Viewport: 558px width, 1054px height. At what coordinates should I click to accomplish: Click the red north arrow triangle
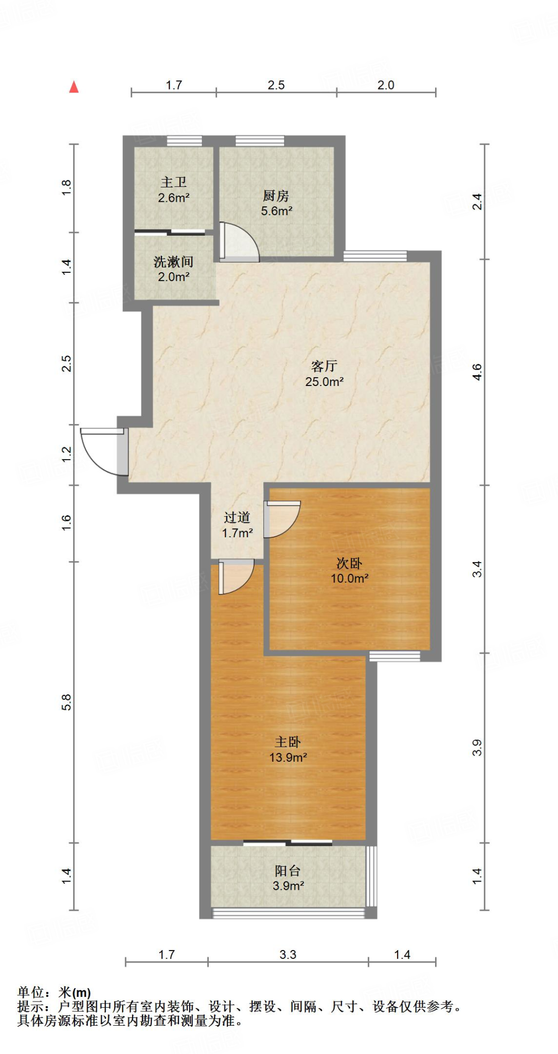[x=74, y=87]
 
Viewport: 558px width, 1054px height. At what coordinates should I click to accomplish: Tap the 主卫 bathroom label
[x=173, y=182]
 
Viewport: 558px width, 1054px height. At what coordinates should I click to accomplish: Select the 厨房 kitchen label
[x=276, y=196]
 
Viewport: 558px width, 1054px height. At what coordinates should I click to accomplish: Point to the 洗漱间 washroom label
[x=174, y=262]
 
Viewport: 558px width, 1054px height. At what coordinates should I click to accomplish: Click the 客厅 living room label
[x=324, y=366]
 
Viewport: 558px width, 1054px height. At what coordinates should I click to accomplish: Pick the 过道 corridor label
[x=237, y=517]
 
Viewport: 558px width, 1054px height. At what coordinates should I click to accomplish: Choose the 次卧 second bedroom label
[x=349, y=563]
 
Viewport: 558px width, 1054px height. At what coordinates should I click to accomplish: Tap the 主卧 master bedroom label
[x=287, y=742]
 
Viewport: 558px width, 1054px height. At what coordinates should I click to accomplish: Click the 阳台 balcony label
[x=287, y=870]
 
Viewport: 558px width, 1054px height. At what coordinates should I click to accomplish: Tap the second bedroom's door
[x=282, y=519]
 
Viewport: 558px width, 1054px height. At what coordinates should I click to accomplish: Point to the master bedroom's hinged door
[x=236, y=577]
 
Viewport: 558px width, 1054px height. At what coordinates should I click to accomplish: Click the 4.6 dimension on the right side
[x=477, y=372]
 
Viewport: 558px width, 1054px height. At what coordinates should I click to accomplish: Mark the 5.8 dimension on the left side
[x=66, y=702]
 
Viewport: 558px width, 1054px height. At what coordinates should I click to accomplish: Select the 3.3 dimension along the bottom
[x=288, y=955]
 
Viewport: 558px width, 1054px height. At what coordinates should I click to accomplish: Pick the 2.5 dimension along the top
[x=276, y=85]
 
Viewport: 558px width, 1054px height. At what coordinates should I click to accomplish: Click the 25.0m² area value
[x=324, y=381]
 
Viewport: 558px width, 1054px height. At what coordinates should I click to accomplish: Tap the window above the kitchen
[x=260, y=140]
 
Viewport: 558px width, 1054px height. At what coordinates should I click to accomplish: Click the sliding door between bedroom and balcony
[x=287, y=842]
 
